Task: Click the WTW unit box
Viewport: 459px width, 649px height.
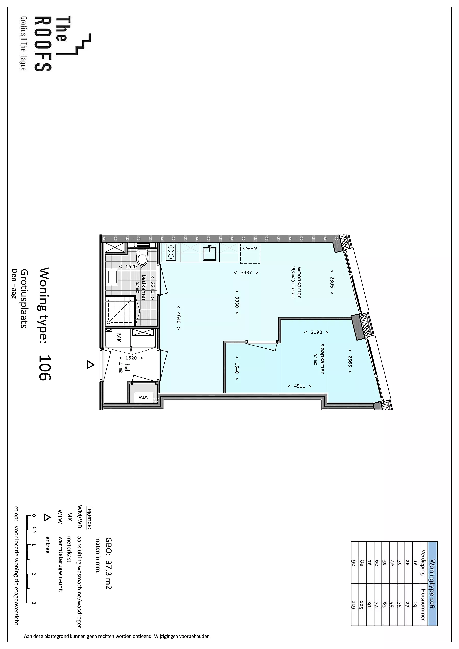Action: click(x=143, y=397)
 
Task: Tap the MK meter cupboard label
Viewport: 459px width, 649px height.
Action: click(x=119, y=338)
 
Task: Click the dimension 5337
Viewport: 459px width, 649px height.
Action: click(x=246, y=273)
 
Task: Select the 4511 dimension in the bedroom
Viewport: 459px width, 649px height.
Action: click(x=299, y=386)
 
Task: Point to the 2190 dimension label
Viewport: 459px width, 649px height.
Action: click(x=316, y=332)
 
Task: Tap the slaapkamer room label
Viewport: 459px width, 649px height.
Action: click(x=322, y=359)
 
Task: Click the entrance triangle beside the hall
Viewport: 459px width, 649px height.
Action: click(x=90, y=365)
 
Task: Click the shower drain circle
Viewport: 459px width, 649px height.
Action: click(x=108, y=322)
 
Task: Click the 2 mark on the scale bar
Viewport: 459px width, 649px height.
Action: click(x=34, y=574)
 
